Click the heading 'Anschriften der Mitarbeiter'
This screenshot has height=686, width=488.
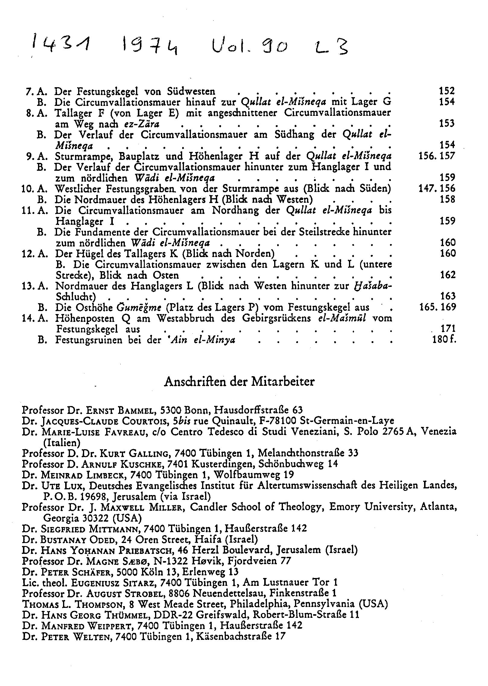[239, 382]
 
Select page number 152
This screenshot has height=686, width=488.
[447, 91]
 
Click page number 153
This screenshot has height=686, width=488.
[447, 123]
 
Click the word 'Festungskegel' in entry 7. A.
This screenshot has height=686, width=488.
[108, 91]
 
